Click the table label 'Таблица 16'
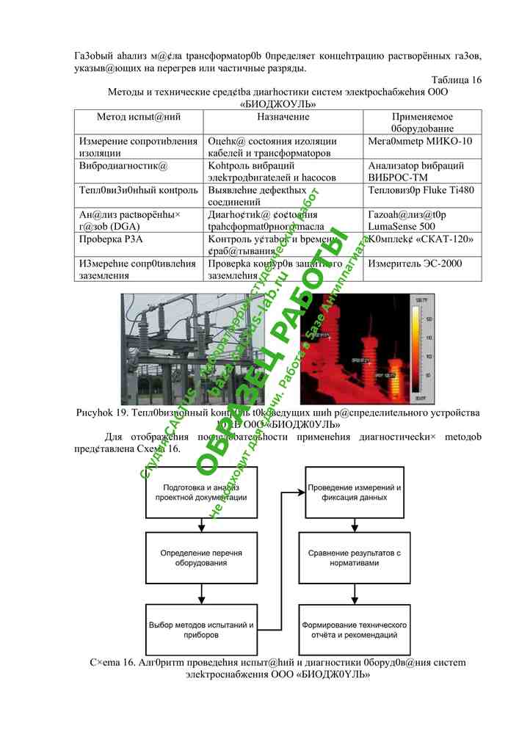point(456,80)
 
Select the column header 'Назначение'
point(283,117)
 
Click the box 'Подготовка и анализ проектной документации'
point(201,492)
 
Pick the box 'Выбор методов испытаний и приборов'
point(201,628)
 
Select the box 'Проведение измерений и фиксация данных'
point(354,492)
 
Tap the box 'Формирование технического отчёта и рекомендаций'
point(354,628)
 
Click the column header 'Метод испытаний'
point(139,117)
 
